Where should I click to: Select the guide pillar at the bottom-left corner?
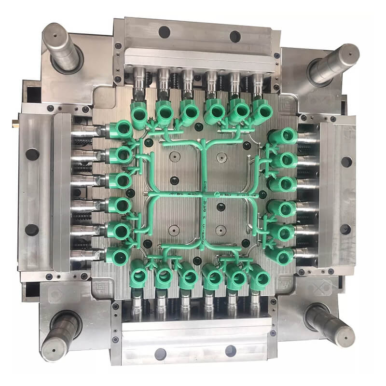(x=60, y=333)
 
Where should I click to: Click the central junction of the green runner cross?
(x=203, y=194)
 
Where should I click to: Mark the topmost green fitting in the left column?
(x=121, y=130)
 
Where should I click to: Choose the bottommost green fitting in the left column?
(x=118, y=256)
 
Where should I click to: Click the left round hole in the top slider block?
(x=164, y=32)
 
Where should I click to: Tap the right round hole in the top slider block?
(x=235, y=36)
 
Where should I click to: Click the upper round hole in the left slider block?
(x=32, y=154)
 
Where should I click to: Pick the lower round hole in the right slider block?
(x=345, y=229)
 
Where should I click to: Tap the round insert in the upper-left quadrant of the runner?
(x=175, y=157)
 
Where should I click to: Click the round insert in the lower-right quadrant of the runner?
(x=221, y=229)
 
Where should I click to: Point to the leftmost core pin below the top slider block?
(x=140, y=77)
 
